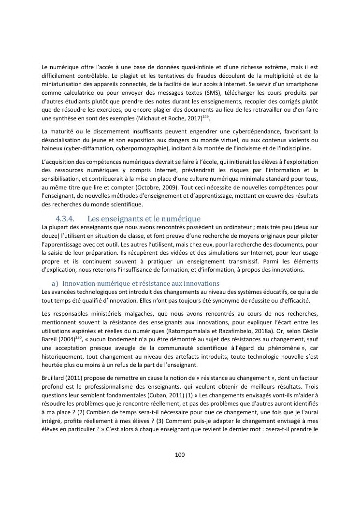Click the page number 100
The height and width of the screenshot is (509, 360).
(x=180, y=454)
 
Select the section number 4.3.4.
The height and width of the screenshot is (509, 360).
(x=64, y=218)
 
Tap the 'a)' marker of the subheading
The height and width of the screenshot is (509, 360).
(x=55, y=283)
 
